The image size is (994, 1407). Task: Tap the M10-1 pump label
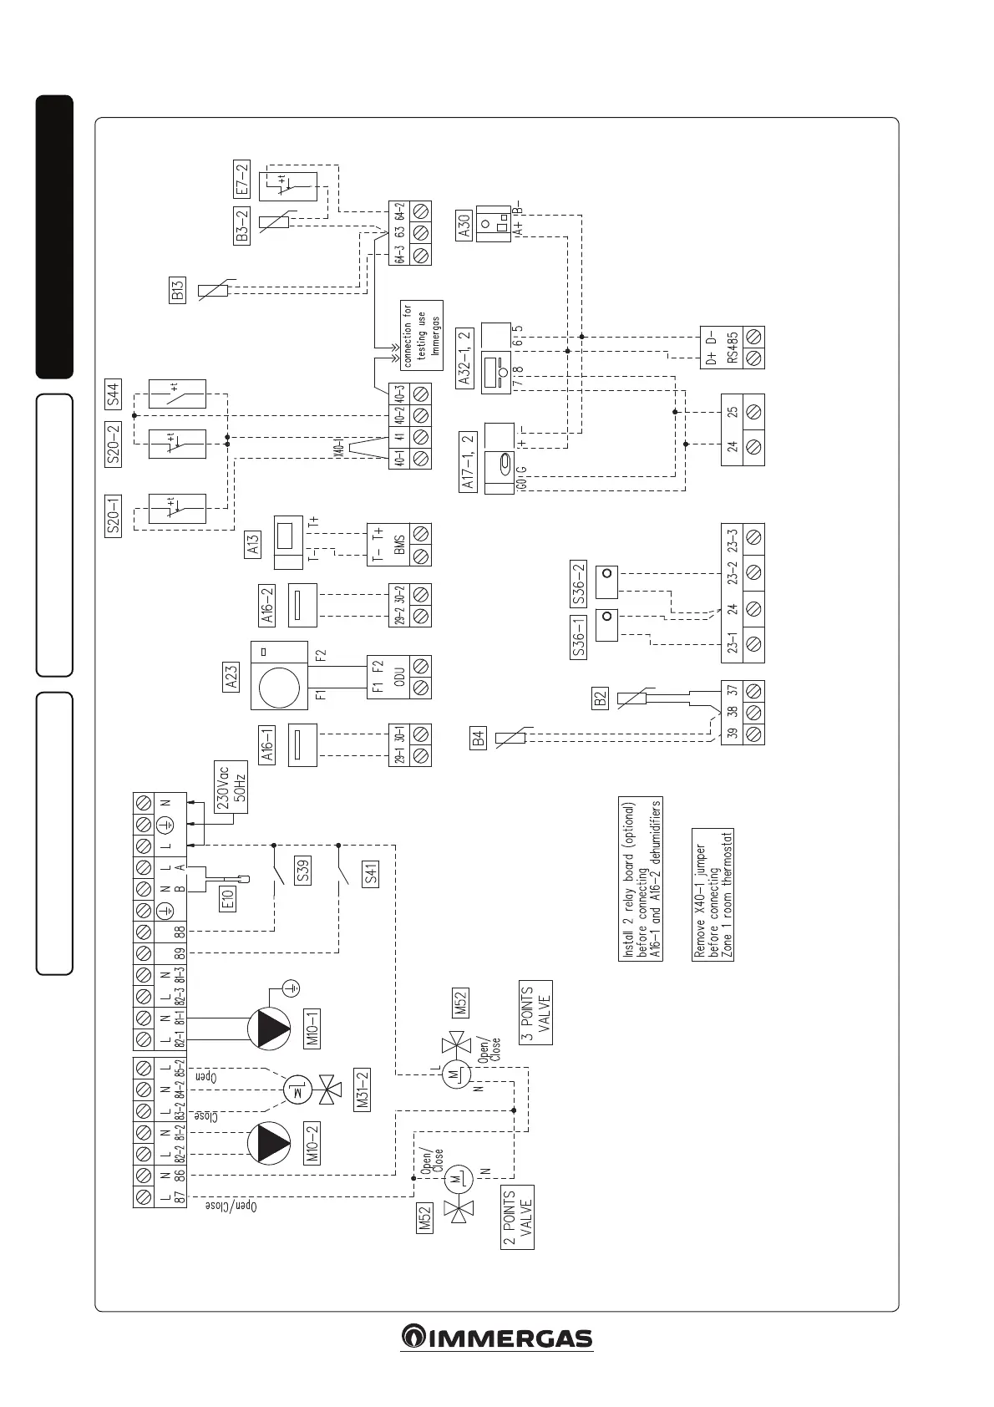[x=312, y=1029]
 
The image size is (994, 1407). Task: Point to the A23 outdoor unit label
[x=231, y=675]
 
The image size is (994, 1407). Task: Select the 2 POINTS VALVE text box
[x=518, y=1218]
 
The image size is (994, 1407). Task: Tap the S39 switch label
[x=305, y=873]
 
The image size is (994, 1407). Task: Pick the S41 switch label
[x=371, y=875]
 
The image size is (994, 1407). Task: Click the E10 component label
[x=227, y=899]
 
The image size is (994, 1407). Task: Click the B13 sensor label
[x=177, y=291]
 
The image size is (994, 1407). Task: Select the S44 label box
[x=114, y=393]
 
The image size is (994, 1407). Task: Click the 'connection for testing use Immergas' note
[x=422, y=334]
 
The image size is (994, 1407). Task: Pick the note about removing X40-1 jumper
[x=713, y=896]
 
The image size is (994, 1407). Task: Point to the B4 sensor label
[x=478, y=739]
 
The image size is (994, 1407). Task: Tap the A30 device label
[x=464, y=225]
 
